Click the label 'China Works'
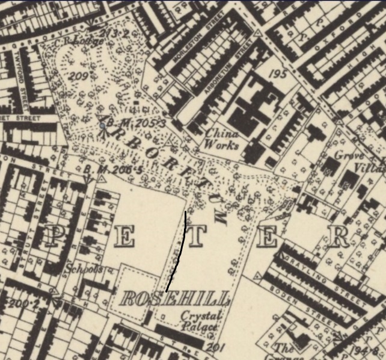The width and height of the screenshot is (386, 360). click(221, 139)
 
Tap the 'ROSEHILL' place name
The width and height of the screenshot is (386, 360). click(175, 299)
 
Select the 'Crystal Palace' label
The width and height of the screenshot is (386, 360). click(201, 321)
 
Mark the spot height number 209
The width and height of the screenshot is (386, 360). click(79, 76)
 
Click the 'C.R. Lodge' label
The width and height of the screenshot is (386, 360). click(72, 41)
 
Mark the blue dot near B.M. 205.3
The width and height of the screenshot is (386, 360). click(103, 125)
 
